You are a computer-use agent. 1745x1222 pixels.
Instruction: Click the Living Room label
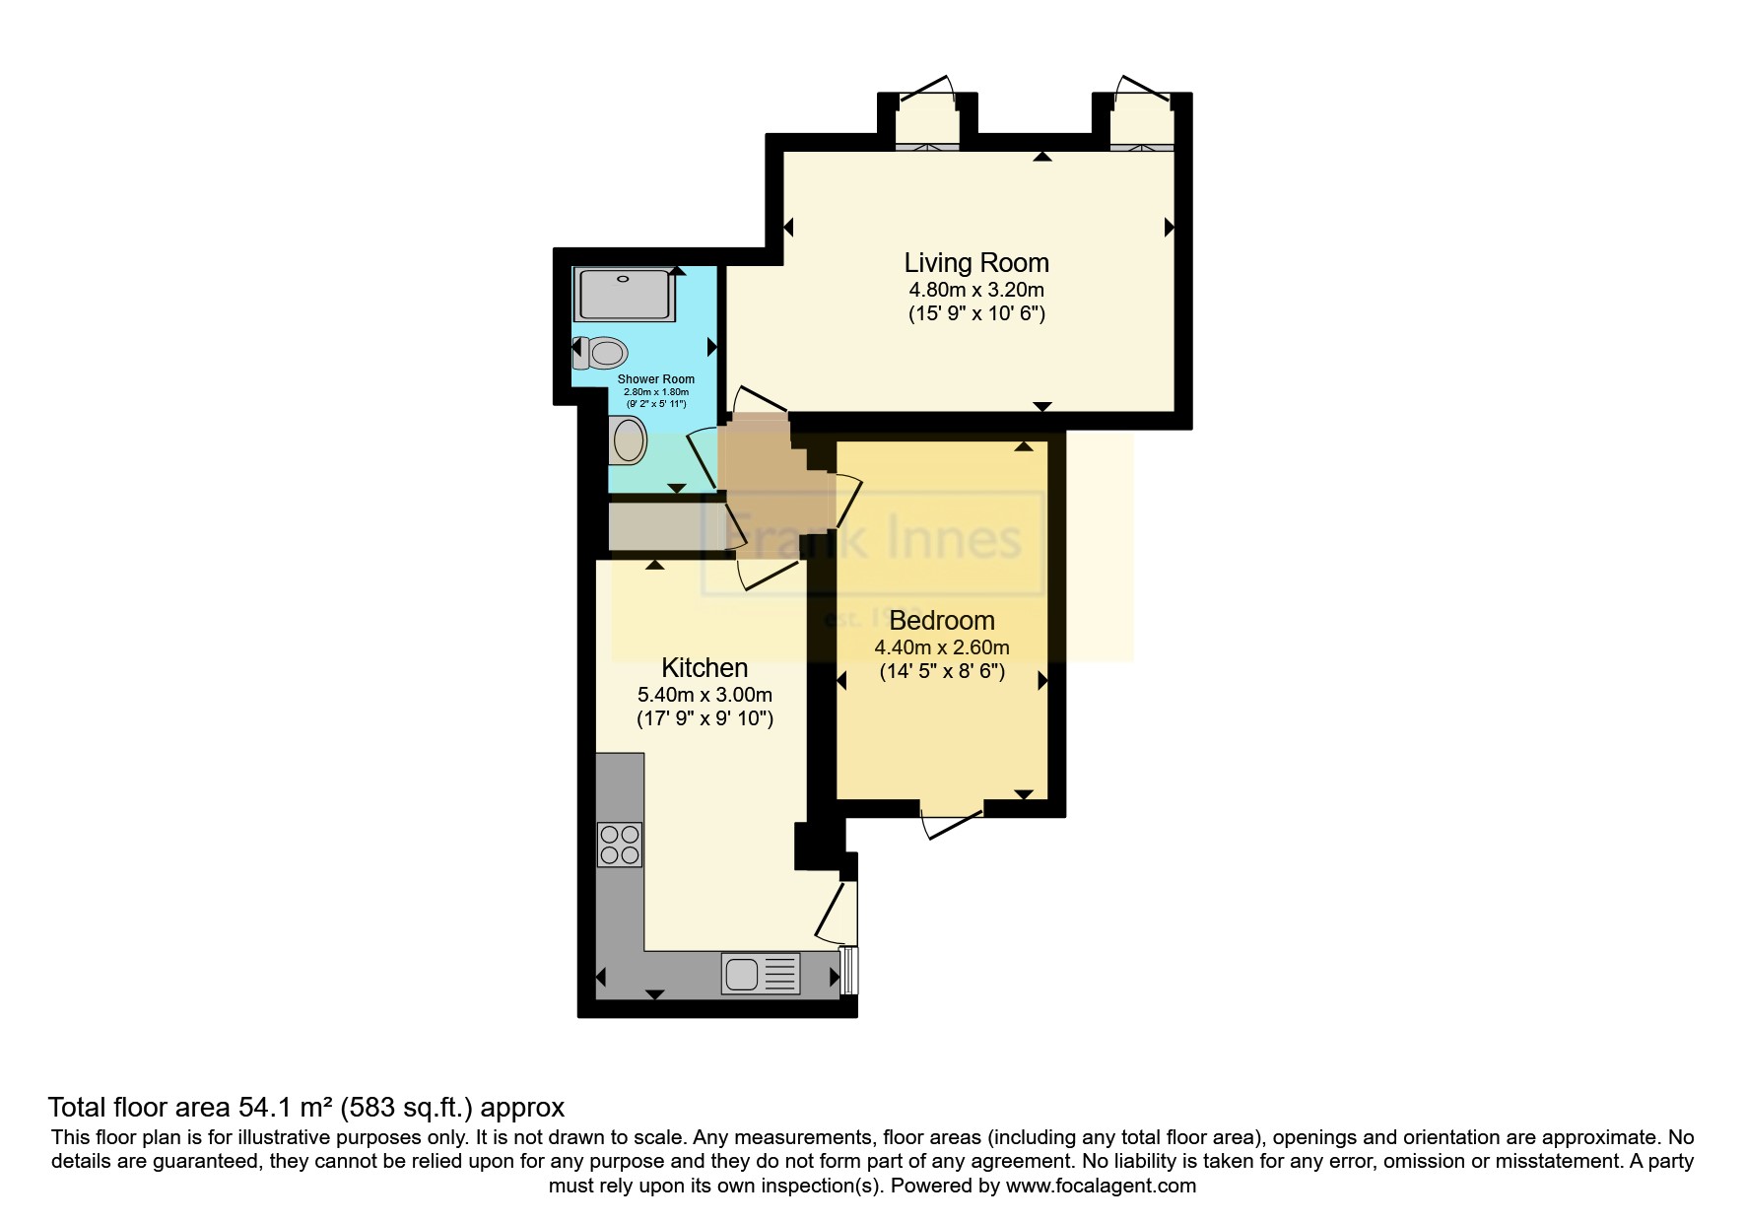975,263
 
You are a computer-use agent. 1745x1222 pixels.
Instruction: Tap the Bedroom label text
941,621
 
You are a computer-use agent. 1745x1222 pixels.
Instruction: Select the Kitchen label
705,668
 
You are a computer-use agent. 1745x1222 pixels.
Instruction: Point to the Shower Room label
655,379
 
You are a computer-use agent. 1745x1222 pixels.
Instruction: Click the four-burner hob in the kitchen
620,845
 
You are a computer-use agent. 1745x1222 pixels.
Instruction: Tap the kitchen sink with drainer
760,974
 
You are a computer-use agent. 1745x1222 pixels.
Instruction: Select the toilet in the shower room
601,353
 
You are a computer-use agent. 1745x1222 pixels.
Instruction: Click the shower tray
625,294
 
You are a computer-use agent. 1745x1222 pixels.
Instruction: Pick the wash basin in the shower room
628,440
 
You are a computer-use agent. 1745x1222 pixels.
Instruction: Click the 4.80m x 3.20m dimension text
975,291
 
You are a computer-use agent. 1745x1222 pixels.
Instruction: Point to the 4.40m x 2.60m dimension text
941,648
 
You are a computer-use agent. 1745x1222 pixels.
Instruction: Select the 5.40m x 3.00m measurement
705,695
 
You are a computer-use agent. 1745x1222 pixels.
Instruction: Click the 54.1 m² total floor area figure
286,1107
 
